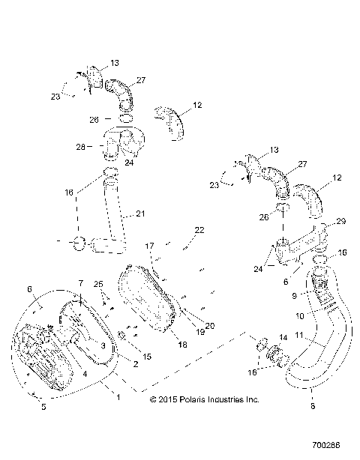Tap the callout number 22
click(199, 230)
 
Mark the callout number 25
click(96, 285)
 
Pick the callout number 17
click(149, 246)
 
